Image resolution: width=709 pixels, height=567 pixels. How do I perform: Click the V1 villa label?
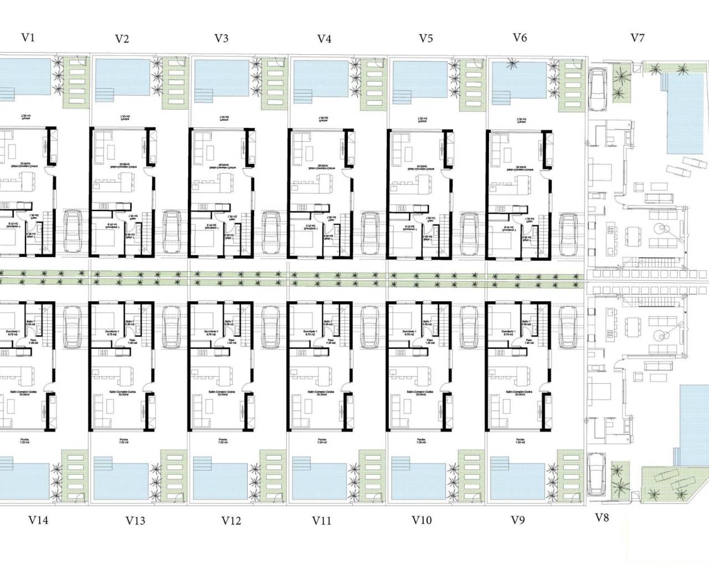pyautogui.click(x=28, y=38)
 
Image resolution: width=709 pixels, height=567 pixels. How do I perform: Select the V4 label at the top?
pyautogui.click(x=324, y=39)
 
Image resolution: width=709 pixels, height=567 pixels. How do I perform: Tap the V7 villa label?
pyautogui.click(x=638, y=38)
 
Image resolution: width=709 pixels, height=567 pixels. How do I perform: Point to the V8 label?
pyautogui.click(x=602, y=518)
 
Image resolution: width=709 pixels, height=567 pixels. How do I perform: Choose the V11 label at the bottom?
pyautogui.click(x=322, y=520)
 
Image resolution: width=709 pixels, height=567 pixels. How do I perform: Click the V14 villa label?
pyautogui.click(x=38, y=520)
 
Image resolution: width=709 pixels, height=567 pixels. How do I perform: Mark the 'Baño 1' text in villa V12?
pyautogui.click(x=229, y=322)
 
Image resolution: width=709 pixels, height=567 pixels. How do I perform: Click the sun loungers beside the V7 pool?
pyautogui.click(x=690, y=163)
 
